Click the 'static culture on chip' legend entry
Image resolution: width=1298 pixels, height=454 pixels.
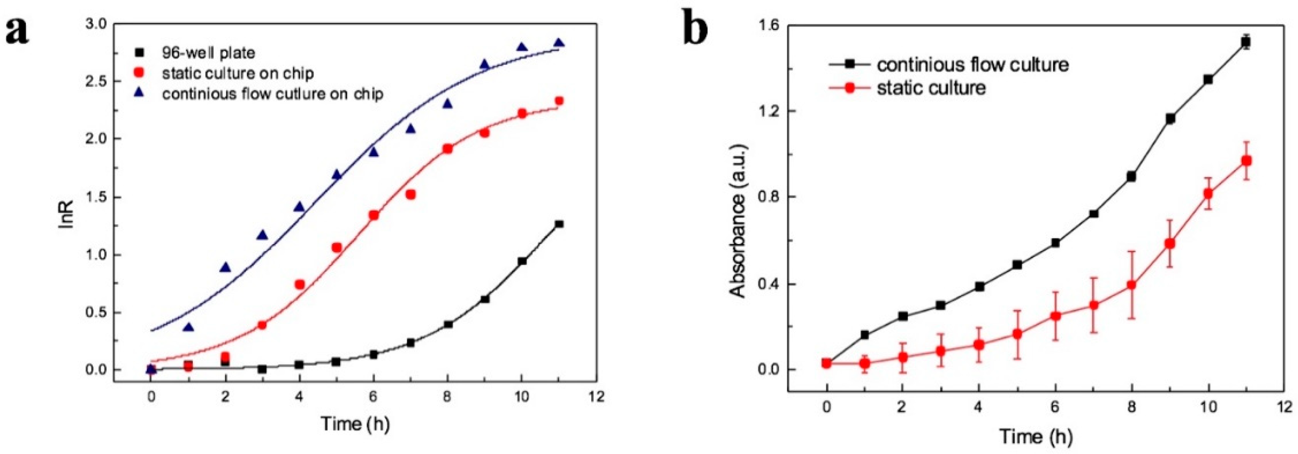tap(237, 74)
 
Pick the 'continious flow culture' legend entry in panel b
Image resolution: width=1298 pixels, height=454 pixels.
tap(972, 65)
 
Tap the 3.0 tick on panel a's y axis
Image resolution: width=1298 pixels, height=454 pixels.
tap(95, 24)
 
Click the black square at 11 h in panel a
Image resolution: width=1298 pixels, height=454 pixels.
tap(559, 224)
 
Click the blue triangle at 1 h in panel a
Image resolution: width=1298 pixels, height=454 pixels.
tap(189, 327)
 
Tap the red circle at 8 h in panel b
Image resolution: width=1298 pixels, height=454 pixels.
tap(1131, 285)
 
